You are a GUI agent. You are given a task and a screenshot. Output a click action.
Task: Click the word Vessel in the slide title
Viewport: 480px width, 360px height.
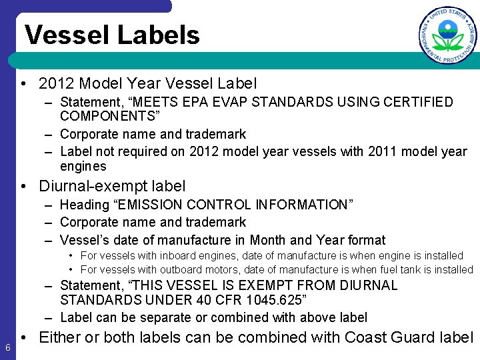[x=65, y=35]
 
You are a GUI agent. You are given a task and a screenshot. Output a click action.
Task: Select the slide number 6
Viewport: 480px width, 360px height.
[x=7, y=347]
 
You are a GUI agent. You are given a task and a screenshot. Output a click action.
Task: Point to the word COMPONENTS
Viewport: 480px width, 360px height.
[x=107, y=117]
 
